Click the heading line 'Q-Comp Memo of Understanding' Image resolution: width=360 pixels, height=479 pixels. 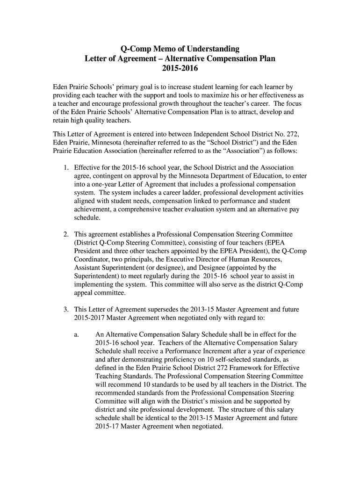pos(180,49)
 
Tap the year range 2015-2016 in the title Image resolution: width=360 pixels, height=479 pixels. pos(180,69)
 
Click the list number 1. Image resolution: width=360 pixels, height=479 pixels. pos(65,167)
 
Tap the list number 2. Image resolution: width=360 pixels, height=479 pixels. pos(65,234)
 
